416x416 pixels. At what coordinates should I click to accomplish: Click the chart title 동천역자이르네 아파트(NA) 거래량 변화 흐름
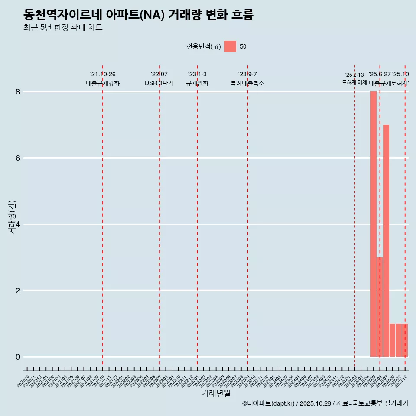point(139,15)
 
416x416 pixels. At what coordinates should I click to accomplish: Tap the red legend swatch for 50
point(230,46)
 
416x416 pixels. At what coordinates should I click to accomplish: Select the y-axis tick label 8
point(18,92)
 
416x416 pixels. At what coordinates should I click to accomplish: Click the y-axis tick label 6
point(18,158)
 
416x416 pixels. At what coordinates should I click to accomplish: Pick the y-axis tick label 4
point(18,224)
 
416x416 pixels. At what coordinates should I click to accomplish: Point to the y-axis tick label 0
point(18,357)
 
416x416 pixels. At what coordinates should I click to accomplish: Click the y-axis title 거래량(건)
point(12,218)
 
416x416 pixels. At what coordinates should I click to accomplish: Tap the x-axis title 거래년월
point(216,393)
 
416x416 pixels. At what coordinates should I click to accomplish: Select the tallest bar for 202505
point(373,224)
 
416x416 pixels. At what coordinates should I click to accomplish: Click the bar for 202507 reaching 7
point(386,240)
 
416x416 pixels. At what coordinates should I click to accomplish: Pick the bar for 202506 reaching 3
point(380,307)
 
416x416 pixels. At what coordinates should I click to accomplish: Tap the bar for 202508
point(392,340)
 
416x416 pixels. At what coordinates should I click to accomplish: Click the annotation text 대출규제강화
point(103,84)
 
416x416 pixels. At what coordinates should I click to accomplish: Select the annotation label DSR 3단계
point(159,84)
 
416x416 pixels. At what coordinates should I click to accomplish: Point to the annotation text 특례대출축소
point(247,84)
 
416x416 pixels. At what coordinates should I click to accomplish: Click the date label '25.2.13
point(354,75)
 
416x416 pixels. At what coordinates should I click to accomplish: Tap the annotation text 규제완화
point(197,84)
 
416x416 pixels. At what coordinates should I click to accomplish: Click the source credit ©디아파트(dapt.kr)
point(269,404)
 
